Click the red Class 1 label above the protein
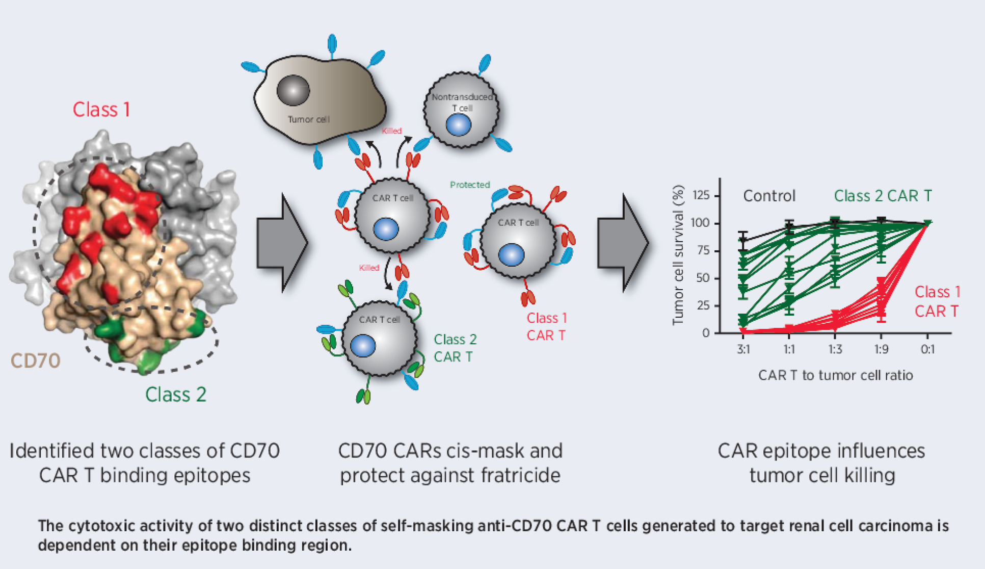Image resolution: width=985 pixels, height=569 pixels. point(101,110)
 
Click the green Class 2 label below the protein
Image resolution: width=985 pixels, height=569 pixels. point(176,394)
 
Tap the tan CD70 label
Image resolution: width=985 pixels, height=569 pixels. point(35,361)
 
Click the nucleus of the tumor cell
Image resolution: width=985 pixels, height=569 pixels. point(293,90)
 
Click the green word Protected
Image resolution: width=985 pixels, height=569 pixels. point(470,185)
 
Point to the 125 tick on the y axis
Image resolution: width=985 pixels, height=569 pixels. point(701,195)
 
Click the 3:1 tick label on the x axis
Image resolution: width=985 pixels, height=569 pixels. point(743,349)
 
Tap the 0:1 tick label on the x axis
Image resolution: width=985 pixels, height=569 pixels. point(927,349)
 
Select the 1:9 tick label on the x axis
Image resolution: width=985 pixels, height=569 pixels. point(881,349)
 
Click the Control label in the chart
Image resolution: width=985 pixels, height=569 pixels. point(769,196)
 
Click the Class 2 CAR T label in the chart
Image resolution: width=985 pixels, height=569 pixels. point(883,196)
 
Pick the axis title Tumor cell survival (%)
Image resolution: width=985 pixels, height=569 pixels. point(678,255)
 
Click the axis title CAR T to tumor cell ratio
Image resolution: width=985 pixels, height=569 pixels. point(835,375)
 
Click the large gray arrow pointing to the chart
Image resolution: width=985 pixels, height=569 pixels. point(622,243)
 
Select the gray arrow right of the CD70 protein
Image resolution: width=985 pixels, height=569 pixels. point(281,243)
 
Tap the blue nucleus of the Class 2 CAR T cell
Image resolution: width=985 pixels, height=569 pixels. point(363,346)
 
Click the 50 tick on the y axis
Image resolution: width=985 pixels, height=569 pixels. point(703,278)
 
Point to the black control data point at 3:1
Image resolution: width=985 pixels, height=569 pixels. point(743,240)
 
